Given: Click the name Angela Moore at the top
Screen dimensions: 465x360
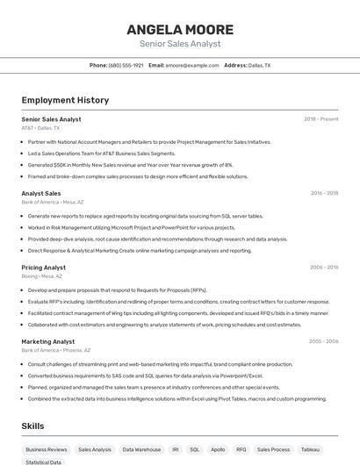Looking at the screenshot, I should pyautogui.click(x=180, y=29).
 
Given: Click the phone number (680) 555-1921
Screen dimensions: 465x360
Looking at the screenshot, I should pyautogui.click(x=126, y=65).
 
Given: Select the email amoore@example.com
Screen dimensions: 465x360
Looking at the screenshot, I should pyautogui.click(x=191, y=65).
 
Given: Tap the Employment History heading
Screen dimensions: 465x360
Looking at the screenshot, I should pyautogui.click(x=65, y=100).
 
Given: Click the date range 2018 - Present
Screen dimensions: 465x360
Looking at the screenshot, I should pyautogui.click(x=320, y=118).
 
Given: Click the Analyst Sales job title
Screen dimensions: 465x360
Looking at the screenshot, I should pyautogui.click(x=41, y=193).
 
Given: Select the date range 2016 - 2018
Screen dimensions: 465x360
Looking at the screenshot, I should pyautogui.click(x=324, y=193).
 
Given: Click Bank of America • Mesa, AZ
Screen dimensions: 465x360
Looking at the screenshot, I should pyautogui.click(x=53, y=202).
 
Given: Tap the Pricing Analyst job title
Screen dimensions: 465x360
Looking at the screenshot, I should pyautogui.click(x=44, y=267).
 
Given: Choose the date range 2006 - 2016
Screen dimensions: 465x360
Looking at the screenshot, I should pyautogui.click(x=324, y=267).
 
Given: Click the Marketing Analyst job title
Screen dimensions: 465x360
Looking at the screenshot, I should pyautogui.click(x=48, y=341).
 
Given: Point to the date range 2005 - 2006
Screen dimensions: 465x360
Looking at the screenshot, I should pyautogui.click(x=323, y=341).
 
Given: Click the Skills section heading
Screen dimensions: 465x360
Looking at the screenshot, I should pyautogui.click(x=33, y=426).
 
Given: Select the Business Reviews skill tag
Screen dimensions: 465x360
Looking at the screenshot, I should pyautogui.click(x=46, y=449).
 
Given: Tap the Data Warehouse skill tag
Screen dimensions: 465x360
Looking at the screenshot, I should pyautogui.click(x=141, y=449).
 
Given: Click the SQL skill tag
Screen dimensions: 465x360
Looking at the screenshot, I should pyautogui.click(x=195, y=449).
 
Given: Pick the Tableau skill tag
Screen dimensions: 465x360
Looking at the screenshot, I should pyautogui.click(x=310, y=449).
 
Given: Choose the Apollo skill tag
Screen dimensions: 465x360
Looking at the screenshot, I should pyautogui.click(x=218, y=449).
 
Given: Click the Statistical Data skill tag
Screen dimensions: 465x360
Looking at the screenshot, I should pyautogui.click(x=44, y=461).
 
